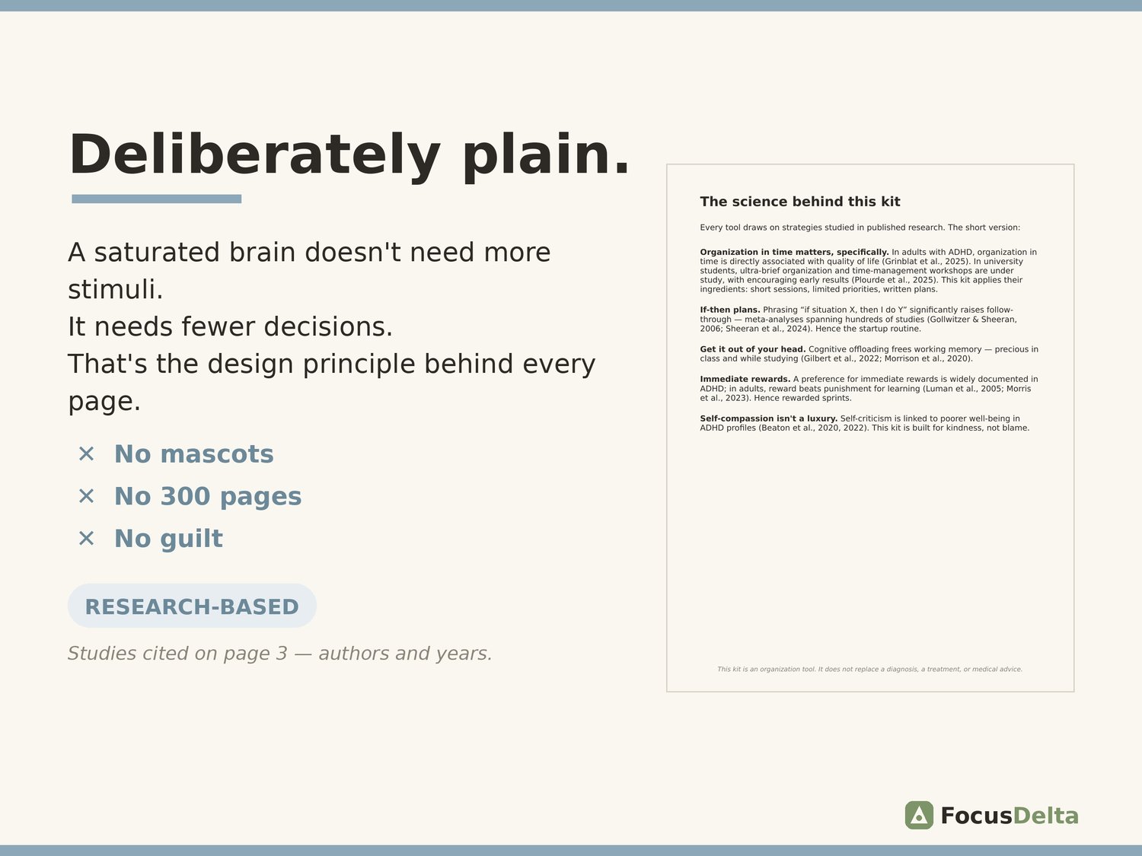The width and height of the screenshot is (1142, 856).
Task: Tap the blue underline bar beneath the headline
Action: pos(157,199)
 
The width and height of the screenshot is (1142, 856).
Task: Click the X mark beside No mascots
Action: pos(86,453)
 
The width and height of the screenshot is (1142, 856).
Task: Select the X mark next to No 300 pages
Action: pos(86,496)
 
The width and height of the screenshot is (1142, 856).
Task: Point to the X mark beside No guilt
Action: pos(86,538)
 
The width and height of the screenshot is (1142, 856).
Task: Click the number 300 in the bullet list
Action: pos(185,496)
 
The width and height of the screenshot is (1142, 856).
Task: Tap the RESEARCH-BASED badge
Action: pos(192,606)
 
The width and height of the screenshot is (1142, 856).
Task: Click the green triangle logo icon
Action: pos(919,815)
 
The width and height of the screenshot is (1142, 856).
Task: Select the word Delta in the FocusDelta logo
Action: pos(1045,816)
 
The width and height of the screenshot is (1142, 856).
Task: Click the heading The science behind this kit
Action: pos(799,202)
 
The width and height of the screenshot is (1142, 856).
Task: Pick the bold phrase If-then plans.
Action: pos(730,310)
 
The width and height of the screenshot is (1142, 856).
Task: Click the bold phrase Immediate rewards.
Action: pos(745,380)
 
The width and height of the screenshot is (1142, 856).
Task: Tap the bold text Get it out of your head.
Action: pos(752,349)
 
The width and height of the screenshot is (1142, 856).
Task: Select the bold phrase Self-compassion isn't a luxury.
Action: pos(768,418)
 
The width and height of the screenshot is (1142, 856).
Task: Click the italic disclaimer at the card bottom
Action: pos(870,669)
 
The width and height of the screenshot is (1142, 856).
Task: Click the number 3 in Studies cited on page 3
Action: pos(282,654)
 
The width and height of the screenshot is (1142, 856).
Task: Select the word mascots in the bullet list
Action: pos(217,453)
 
